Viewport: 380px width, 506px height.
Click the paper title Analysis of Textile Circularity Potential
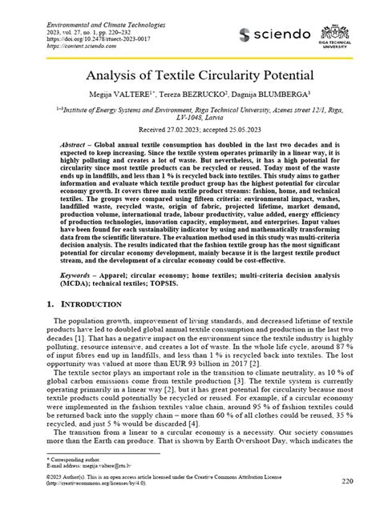point(189,77)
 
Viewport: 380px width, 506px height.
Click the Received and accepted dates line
point(189,129)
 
